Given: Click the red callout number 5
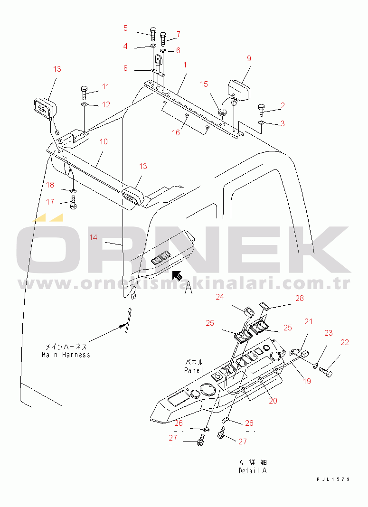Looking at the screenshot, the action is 125,28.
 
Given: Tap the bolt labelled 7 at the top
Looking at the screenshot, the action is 163,39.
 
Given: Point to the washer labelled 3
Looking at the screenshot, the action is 261,122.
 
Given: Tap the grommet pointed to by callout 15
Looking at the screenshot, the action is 222,113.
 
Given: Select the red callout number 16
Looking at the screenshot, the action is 176,132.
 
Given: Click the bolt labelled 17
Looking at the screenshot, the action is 73,202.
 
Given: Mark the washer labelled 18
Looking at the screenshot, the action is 73,188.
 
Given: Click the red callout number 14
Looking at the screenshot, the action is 93,238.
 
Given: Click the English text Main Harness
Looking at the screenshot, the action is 66,355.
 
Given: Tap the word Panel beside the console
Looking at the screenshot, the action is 193,370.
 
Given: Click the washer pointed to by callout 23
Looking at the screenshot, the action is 315,366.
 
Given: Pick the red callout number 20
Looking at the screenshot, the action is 273,401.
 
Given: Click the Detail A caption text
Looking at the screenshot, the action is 253,470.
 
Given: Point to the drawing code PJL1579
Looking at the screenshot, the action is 333,479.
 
